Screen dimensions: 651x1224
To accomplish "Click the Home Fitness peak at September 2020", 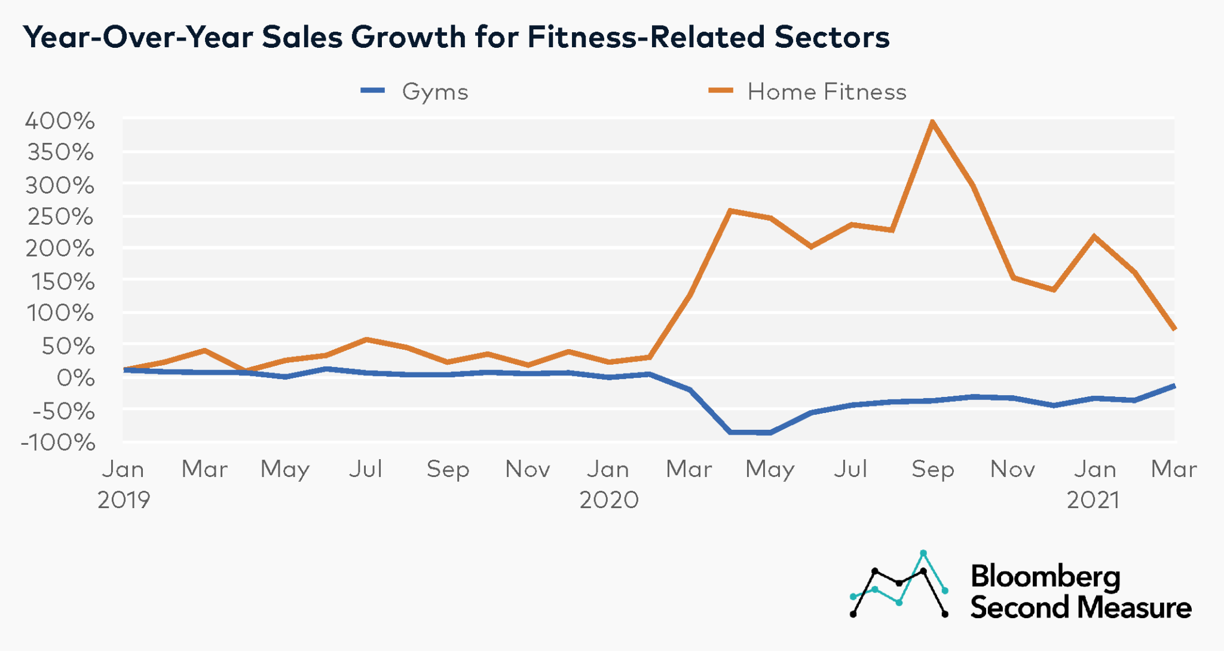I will pyautogui.click(x=932, y=121).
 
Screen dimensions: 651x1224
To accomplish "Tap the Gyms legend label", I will pyautogui.click(x=434, y=92).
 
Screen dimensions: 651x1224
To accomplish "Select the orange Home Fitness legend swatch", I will pyautogui.click(x=721, y=91).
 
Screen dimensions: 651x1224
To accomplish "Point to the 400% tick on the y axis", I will pyautogui.click(x=59, y=121).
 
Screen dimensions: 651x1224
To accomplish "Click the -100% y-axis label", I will pyautogui.click(x=58, y=443).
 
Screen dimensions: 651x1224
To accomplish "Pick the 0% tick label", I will pyautogui.click(x=75, y=378).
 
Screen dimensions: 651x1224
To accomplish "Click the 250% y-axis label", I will pyautogui.click(x=60, y=216).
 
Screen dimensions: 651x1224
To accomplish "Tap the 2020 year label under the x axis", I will pyautogui.click(x=609, y=500).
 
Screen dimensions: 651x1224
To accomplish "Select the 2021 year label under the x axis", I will pyautogui.click(x=1093, y=500).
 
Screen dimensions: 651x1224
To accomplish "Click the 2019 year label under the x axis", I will pyautogui.click(x=124, y=500).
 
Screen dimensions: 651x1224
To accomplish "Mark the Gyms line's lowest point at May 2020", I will pyautogui.click(x=770, y=432).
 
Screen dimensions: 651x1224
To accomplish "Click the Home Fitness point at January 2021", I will pyautogui.click(x=1094, y=237).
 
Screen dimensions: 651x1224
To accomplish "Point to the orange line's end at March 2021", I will pyautogui.click(x=1174, y=328).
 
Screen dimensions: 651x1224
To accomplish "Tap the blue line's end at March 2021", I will pyautogui.click(x=1174, y=386).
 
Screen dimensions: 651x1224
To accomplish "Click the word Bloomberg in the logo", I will pyautogui.click(x=1045, y=577).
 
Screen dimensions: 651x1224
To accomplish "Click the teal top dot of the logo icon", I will pyautogui.click(x=923, y=553).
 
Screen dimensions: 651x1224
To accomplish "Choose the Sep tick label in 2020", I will pyautogui.click(x=932, y=470).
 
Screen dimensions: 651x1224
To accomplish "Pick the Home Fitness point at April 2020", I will pyautogui.click(x=730, y=210).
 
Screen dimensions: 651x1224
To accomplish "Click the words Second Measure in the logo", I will pyautogui.click(x=1081, y=608).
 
